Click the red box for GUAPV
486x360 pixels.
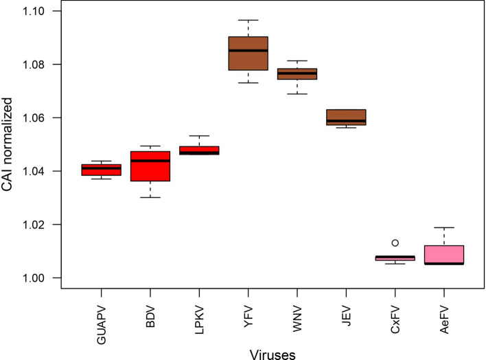[101, 170]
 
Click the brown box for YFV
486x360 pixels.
[248, 53]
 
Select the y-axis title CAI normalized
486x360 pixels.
[10, 144]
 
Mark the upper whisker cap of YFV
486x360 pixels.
[248, 20]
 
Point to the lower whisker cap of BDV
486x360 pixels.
[160, 197]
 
